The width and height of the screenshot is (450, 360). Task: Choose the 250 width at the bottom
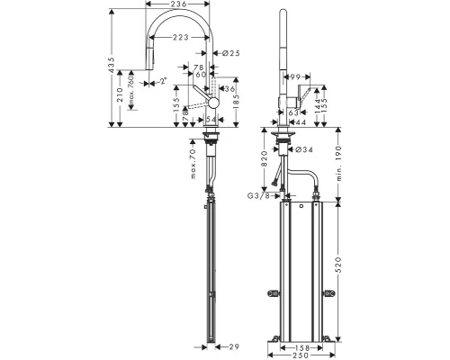click(x=303, y=355)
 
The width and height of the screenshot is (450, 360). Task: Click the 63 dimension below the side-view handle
click(x=292, y=112)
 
